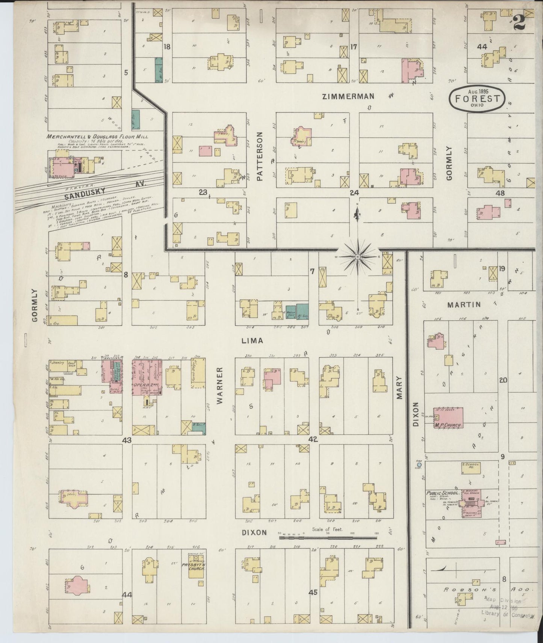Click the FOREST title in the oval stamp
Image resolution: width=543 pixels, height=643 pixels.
[x=477, y=99]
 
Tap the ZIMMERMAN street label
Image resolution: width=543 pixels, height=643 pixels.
[x=348, y=97]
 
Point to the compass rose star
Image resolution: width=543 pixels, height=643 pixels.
[x=358, y=256]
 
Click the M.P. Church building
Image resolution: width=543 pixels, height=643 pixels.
[x=448, y=418]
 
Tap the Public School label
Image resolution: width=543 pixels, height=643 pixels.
[x=442, y=493]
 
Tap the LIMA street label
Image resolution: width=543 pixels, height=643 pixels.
[x=252, y=341]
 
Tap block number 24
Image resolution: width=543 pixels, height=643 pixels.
[x=354, y=193]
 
